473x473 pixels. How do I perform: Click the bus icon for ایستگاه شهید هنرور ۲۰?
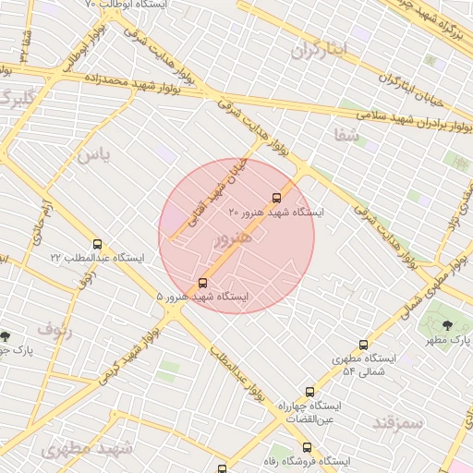click(276, 197)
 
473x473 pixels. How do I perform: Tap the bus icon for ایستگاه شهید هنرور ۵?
click(203, 282)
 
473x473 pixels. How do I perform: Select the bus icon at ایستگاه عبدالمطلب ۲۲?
click(97, 244)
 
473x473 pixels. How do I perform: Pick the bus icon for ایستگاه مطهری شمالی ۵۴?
click(363, 344)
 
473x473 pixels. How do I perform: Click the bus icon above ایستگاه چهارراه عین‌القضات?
click(309, 392)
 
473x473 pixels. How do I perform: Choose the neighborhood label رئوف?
click(54, 326)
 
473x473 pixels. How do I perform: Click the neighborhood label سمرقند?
click(397, 421)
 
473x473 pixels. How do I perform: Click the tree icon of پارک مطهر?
click(448, 324)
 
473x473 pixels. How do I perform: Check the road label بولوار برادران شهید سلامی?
click(407, 118)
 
